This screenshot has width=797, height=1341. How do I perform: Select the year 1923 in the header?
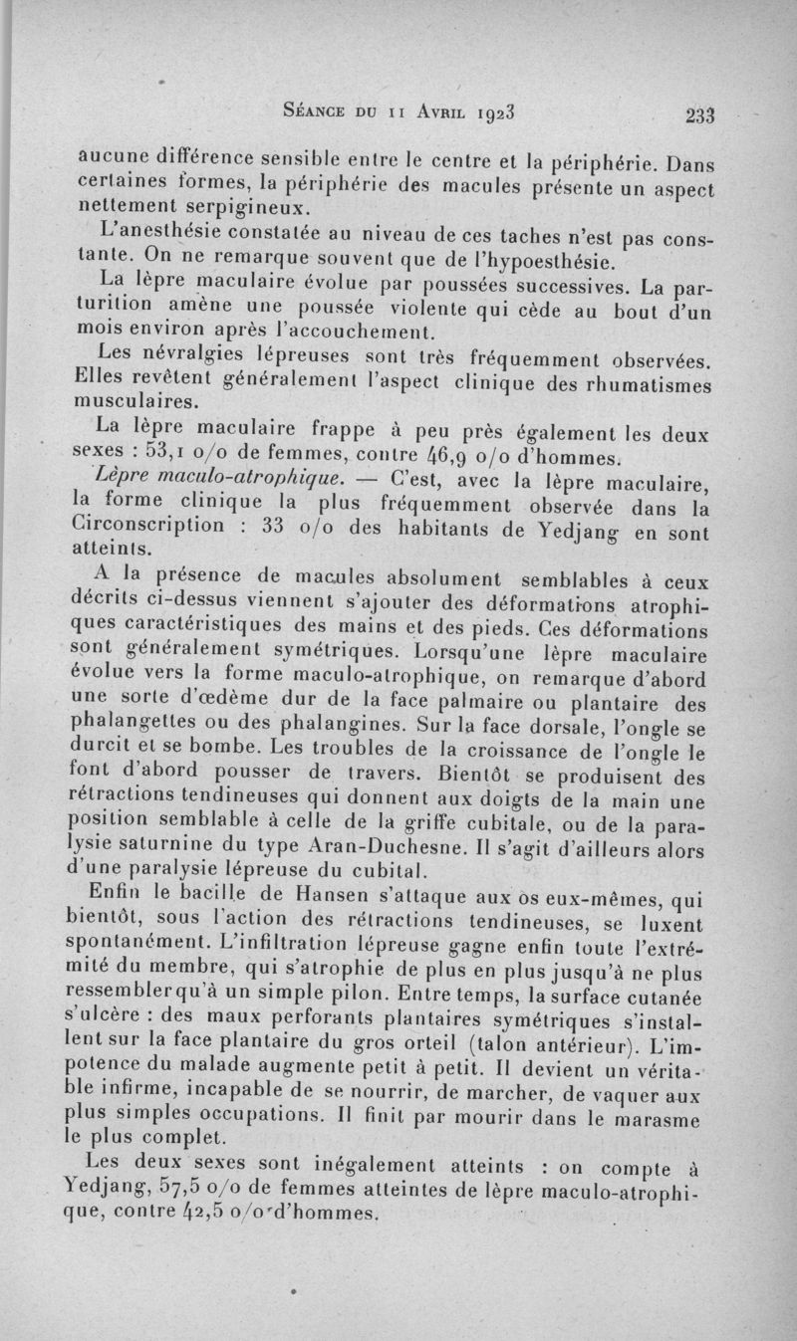tap(514, 110)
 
